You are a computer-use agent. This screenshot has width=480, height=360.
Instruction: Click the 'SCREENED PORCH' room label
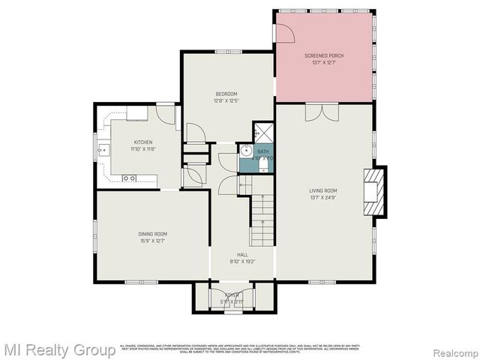tap(324, 56)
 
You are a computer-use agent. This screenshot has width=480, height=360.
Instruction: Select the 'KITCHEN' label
tap(143, 142)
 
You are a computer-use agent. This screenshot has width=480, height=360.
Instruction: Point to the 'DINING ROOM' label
tap(152, 234)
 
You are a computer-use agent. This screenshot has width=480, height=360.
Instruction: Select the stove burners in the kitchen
tap(128, 178)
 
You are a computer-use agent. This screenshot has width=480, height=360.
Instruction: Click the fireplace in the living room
tap(373, 191)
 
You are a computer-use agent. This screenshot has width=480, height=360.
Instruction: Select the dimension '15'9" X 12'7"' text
tap(152, 241)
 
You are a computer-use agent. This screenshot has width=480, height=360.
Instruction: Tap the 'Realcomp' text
tap(448, 350)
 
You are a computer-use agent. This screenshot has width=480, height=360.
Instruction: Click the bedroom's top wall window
tap(226, 51)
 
